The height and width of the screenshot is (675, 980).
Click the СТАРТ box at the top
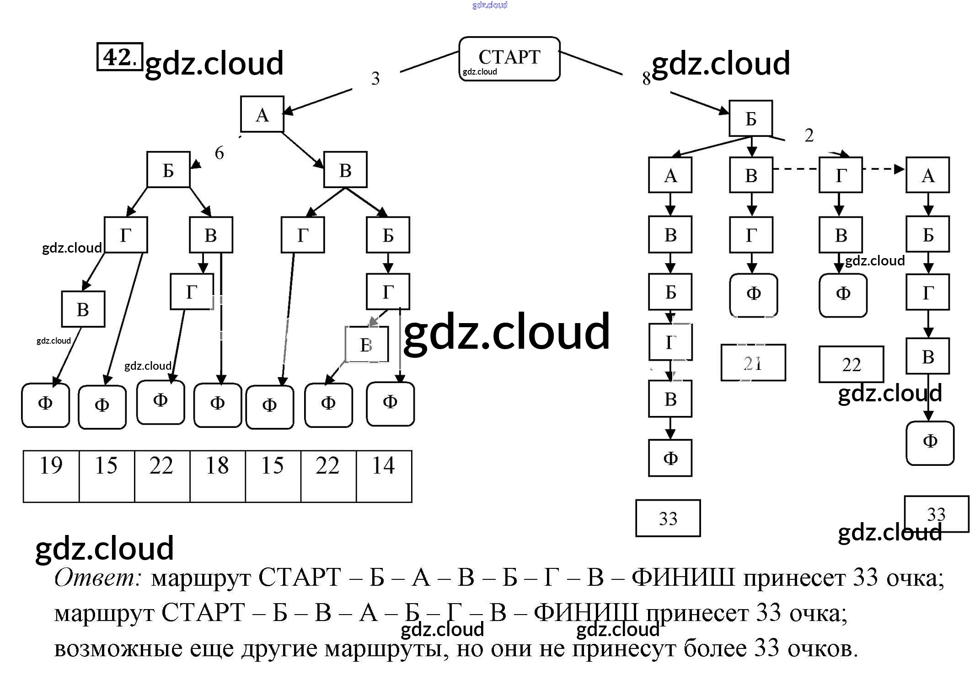pos(509,59)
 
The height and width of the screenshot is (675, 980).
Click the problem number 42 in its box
pos(119,57)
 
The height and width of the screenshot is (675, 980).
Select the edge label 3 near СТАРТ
pos(375,79)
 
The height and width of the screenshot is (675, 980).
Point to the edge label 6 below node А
pos(220,153)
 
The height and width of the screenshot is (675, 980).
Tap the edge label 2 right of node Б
pos(809,135)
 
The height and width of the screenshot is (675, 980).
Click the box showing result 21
pos(753,363)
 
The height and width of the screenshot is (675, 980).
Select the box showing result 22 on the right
pos(851,365)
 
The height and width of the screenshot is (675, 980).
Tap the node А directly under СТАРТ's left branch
pos(262,114)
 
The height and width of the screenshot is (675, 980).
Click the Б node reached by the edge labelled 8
pos(750,119)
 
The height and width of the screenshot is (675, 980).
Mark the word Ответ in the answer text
pos(97,578)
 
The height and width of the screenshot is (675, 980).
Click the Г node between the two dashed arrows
pos(841,175)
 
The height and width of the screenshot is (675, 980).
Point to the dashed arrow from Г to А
pos(884,169)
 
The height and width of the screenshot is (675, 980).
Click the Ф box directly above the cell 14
pos(390,403)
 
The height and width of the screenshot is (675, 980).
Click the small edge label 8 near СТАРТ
pos(646,79)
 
